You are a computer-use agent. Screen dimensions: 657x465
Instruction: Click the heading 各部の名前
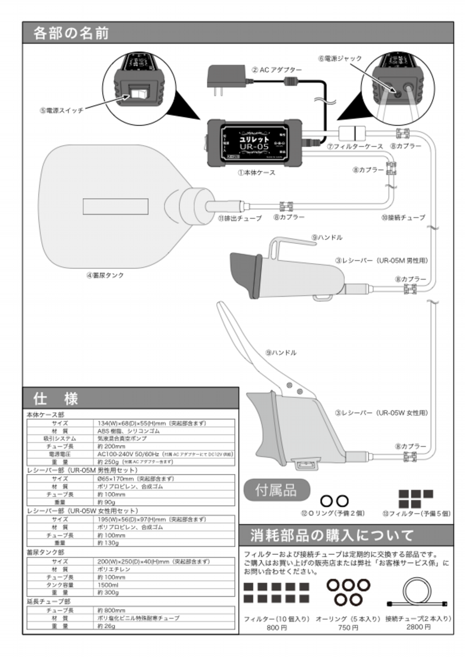coord(71,33)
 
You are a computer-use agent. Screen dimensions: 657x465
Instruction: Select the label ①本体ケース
coord(256,173)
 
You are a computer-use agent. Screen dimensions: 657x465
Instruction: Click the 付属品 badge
coord(276,489)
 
